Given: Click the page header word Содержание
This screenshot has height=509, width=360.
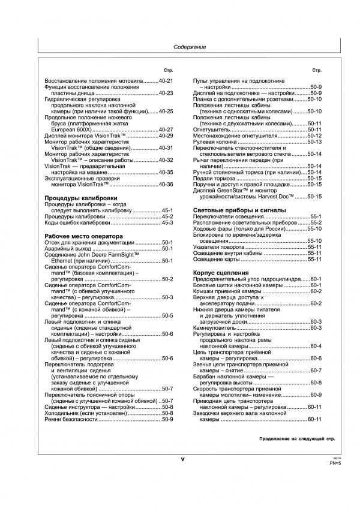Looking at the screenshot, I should coord(190,47).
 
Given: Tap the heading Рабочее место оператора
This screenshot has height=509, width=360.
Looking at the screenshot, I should coord(84,236).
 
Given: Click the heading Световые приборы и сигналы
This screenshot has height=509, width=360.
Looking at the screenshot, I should coord(239,210).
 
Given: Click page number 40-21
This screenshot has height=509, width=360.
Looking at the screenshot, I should coord(166,80).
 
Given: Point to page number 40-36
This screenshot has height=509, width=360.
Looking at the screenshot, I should coord(166,185).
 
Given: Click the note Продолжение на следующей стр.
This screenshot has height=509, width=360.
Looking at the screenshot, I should coord(296,439).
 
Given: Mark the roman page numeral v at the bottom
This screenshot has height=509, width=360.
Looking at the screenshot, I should coord(182,459).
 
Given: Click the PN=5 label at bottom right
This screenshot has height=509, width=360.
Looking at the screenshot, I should coord(335,463).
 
